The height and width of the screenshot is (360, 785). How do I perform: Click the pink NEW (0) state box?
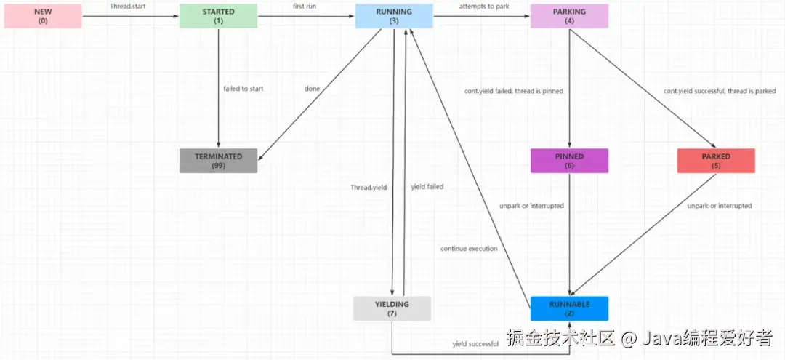click(43, 16)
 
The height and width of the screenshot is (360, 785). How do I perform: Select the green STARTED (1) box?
click(219, 16)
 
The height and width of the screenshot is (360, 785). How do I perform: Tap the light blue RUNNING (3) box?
click(394, 16)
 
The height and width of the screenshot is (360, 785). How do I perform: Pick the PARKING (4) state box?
click(569, 16)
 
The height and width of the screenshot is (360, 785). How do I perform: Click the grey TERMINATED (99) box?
click(219, 161)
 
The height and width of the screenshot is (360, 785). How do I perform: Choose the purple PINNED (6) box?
click(569, 161)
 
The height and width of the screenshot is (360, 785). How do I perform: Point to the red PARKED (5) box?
click(716, 161)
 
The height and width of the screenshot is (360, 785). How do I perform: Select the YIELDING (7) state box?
click(392, 308)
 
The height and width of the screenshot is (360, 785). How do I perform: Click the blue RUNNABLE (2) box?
click(569, 308)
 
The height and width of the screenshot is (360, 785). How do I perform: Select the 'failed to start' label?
click(243, 89)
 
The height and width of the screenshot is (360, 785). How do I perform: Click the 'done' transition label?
click(313, 89)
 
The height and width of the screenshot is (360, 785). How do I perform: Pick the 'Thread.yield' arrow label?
click(369, 188)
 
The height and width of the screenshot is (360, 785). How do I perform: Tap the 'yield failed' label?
click(427, 187)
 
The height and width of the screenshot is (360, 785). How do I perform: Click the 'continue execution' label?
click(469, 249)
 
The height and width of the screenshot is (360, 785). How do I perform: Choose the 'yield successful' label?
click(475, 344)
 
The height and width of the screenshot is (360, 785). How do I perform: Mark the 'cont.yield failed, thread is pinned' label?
click(514, 92)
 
